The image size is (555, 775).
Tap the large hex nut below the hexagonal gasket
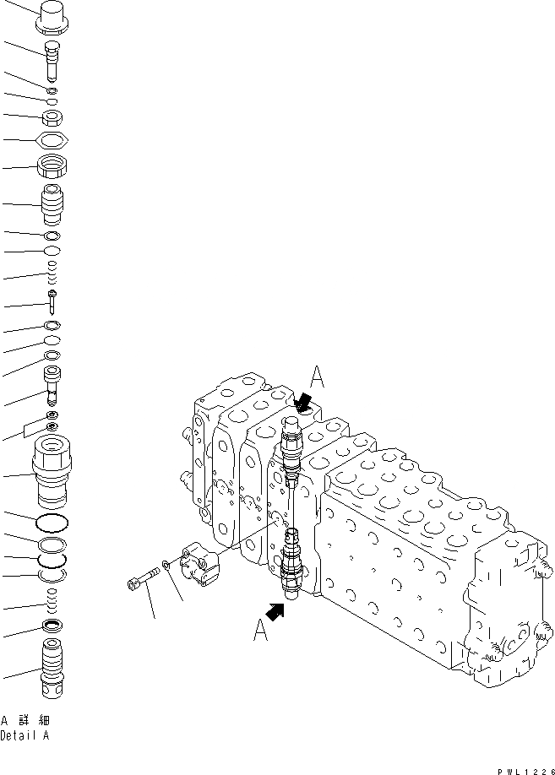(52, 166)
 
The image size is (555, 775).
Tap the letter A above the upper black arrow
(317, 375)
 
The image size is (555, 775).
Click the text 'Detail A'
(25, 735)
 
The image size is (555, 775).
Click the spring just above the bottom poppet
(52, 602)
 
